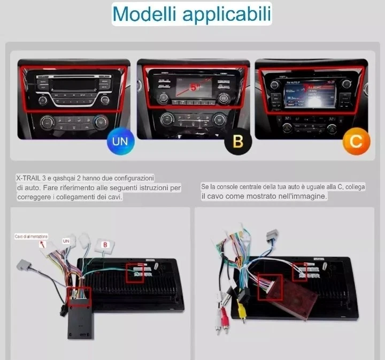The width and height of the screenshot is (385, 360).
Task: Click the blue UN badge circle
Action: [x=120, y=142]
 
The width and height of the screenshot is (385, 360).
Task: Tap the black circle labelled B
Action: [x=238, y=142]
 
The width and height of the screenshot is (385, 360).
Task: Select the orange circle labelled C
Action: [x=356, y=142]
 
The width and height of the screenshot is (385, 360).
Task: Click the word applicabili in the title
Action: [x=227, y=14]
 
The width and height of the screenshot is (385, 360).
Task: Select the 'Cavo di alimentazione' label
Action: [x=31, y=236]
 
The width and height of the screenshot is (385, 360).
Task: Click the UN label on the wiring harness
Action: [x=66, y=241]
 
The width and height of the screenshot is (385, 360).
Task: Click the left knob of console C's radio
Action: [x=275, y=84]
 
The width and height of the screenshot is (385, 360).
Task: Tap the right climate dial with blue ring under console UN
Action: [x=100, y=123]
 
